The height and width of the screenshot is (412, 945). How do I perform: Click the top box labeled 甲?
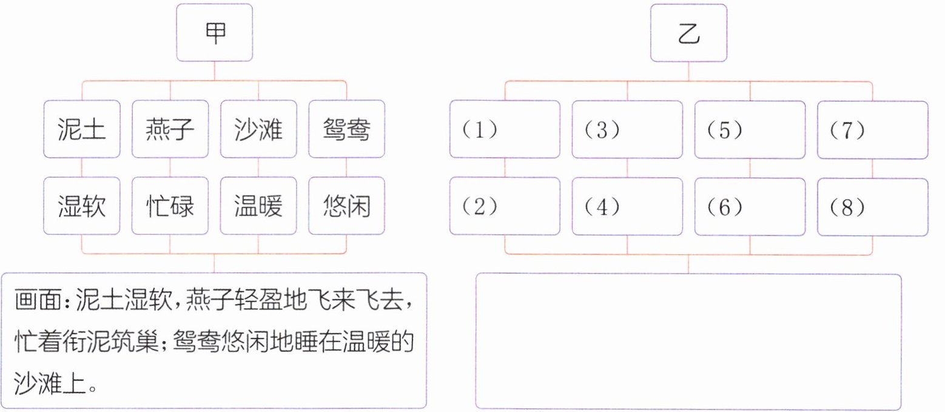[214, 34]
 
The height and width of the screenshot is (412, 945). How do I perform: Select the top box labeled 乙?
[688, 34]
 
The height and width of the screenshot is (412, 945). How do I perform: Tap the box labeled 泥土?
[81, 129]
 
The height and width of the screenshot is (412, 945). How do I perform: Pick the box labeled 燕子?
[170, 129]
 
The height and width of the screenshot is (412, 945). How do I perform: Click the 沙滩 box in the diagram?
[258, 129]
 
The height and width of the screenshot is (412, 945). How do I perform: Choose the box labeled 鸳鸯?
[346, 129]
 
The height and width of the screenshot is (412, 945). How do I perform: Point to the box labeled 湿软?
[81, 206]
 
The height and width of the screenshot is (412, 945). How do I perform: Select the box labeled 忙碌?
[170, 206]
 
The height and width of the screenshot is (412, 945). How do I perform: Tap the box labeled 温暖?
[258, 206]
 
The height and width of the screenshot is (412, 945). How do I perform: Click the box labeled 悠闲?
[346, 206]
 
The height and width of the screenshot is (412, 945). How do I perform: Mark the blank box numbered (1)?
[505, 129]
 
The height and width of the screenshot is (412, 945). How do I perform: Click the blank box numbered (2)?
[505, 206]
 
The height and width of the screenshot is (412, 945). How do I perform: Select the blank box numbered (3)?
[627, 129]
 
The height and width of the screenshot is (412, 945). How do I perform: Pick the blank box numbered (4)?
[627, 206]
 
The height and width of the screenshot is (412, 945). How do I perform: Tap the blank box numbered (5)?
[750, 129]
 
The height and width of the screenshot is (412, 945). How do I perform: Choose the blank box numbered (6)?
[750, 206]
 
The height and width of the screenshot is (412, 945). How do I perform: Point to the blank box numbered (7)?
[873, 129]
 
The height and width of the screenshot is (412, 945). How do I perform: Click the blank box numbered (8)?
[873, 206]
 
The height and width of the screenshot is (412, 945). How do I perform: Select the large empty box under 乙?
[688, 341]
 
